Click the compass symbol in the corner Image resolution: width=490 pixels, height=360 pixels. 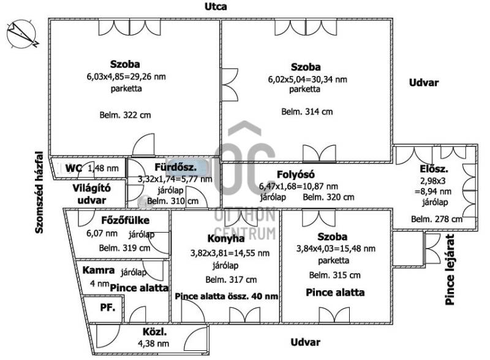(x=22, y=34)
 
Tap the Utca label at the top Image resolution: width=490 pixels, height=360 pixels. (x=216, y=7)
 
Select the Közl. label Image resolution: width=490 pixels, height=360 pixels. (x=156, y=332)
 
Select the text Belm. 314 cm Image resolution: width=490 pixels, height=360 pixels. (x=307, y=112)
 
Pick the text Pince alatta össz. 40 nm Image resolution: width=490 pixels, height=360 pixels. (x=226, y=296)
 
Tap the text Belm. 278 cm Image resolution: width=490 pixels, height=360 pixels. (x=436, y=219)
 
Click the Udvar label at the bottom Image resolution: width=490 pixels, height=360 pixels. (x=305, y=342)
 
